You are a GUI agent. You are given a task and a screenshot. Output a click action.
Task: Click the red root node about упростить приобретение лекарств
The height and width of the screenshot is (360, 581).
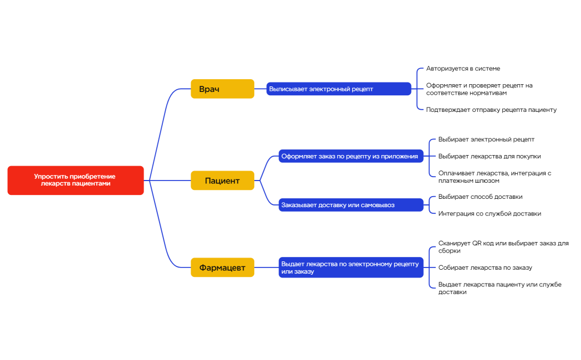click(75, 180)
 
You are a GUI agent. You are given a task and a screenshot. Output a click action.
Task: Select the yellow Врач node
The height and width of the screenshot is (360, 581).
click(222, 89)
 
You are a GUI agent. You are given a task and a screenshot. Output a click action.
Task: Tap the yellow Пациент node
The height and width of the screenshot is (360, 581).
click(222, 181)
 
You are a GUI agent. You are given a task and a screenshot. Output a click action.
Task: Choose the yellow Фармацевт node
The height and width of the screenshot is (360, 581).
click(222, 268)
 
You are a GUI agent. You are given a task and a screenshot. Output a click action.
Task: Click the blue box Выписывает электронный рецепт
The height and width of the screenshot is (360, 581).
click(338, 89)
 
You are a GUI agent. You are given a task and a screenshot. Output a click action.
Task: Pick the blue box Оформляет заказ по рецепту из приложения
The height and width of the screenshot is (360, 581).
click(351, 156)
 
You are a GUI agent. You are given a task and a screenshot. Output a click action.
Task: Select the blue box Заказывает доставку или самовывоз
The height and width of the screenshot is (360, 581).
click(351, 205)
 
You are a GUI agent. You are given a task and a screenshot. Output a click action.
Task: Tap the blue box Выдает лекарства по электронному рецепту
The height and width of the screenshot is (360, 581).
click(351, 268)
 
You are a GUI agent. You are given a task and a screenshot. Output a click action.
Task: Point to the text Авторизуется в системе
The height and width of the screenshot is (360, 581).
click(463, 69)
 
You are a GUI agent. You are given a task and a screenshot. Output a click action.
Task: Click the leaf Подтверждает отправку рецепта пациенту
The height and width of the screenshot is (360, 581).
click(491, 110)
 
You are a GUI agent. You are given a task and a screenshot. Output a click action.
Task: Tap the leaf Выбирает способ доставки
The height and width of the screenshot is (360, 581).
click(480, 197)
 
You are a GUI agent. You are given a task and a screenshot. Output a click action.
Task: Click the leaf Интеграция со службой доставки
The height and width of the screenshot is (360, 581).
click(490, 213)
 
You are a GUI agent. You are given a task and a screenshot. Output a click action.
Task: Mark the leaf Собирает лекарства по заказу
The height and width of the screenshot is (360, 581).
click(485, 268)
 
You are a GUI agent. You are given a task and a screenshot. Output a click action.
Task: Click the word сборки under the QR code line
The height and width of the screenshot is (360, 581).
click(449, 251)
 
